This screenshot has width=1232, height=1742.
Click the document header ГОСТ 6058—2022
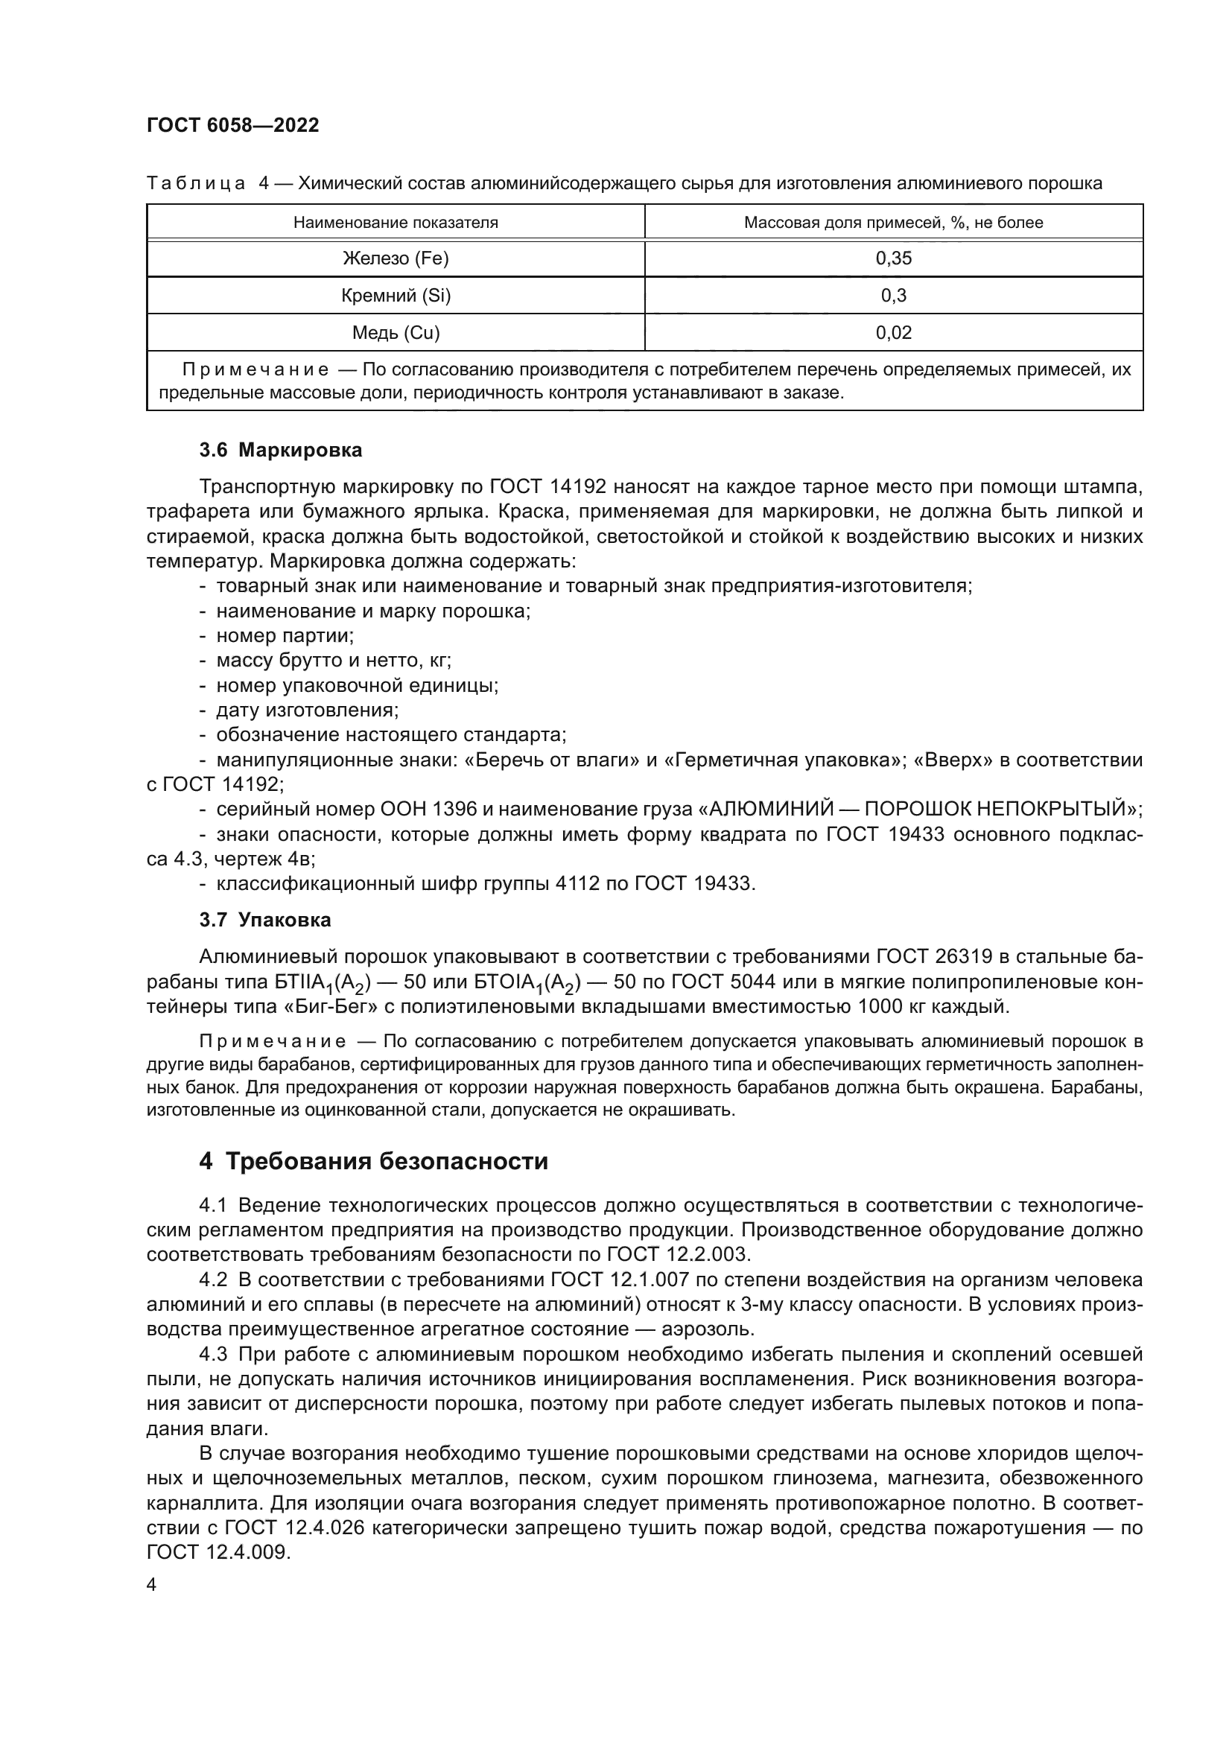(233, 125)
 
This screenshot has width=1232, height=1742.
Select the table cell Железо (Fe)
(396, 258)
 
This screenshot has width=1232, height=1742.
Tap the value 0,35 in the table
(893, 258)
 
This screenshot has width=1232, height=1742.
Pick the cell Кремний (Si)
(396, 296)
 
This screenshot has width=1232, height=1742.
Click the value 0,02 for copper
(893, 333)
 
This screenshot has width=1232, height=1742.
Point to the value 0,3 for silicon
(893, 296)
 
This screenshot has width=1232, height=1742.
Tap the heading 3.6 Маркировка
(281, 451)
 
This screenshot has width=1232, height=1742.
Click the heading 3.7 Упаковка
(264, 921)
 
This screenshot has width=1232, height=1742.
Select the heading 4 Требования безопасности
(373, 1162)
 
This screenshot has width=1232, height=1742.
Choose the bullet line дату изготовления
(307, 711)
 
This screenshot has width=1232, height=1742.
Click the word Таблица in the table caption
(196, 184)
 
